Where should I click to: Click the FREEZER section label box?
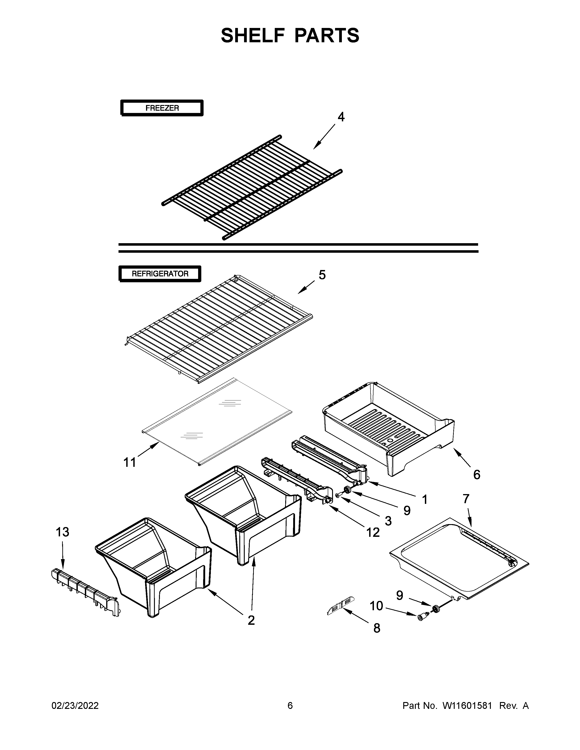pyautogui.click(x=162, y=108)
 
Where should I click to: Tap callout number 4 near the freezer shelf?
pyautogui.click(x=340, y=117)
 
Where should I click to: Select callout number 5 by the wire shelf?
pyautogui.click(x=322, y=275)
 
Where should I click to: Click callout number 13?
pyautogui.click(x=63, y=532)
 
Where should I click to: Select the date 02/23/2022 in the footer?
pyautogui.click(x=75, y=706)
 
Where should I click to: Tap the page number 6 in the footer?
pyautogui.click(x=290, y=706)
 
